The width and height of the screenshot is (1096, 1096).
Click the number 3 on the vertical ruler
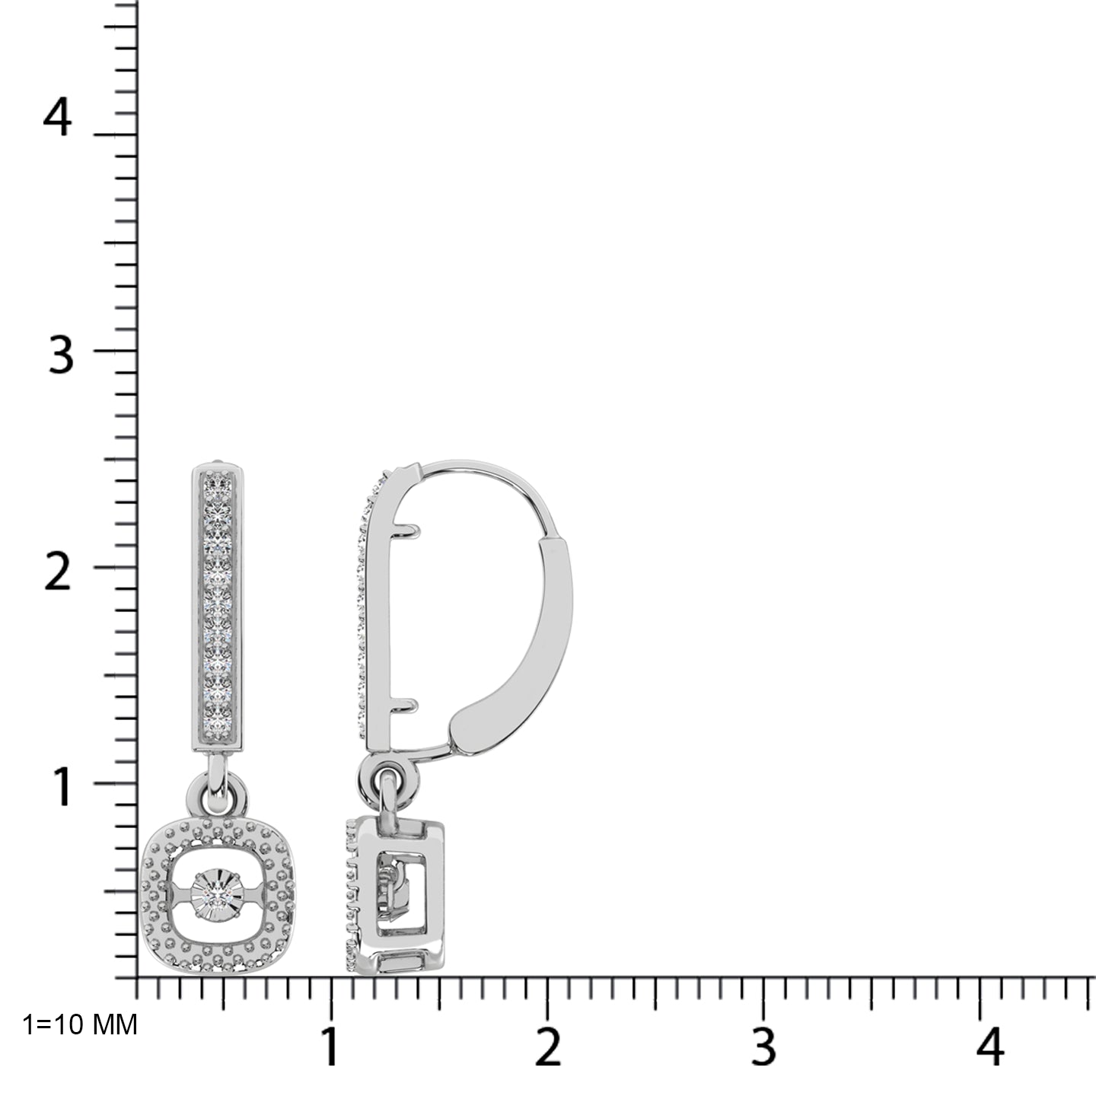coord(61,355)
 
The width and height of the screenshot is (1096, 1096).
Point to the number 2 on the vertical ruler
coord(58,572)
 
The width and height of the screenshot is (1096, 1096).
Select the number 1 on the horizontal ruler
coord(330,1047)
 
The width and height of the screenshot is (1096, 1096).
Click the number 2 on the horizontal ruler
coord(548,1047)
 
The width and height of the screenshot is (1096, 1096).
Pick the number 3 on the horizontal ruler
coord(763,1047)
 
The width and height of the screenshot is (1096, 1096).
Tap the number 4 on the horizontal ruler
coord(989,1047)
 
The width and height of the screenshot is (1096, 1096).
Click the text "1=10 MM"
coord(80,1025)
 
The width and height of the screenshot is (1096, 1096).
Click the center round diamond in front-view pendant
coord(218,890)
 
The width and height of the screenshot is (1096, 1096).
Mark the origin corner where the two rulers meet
coord(137,978)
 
